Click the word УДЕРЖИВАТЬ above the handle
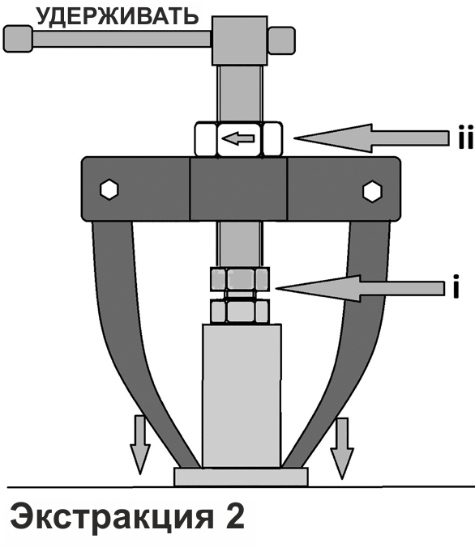pyautogui.click(x=118, y=15)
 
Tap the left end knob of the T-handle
pyautogui.click(x=18, y=39)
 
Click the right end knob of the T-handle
pyautogui.click(x=281, y=40)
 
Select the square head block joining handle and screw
pyautogui.click(x=240, y=40)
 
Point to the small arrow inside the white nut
pyautogui.click(x=238, y=138)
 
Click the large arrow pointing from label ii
pyautogui.click(x=371, y=138)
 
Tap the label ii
pyautogui.click(x=465, y=137)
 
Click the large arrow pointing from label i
pyautogui.click(x=360, y=288)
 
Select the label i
pyautogui.click(x=456, y=286)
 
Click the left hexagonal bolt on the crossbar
pyautogui.click(x=109, y=190)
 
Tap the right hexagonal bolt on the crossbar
pyautogui.click(x=372, y=191)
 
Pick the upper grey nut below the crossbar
pyautogui.click(x=240, y=279)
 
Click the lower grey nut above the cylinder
pyautogui.click(x=240, y=312)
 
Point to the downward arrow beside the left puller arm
pyautogui.click(x=140, y=444)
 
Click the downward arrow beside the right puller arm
pyautogui.click(x=342, y=448)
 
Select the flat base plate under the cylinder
pyautogui.click(x=242, y=477)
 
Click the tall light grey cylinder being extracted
pyautogui.click(x=242, y=396)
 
